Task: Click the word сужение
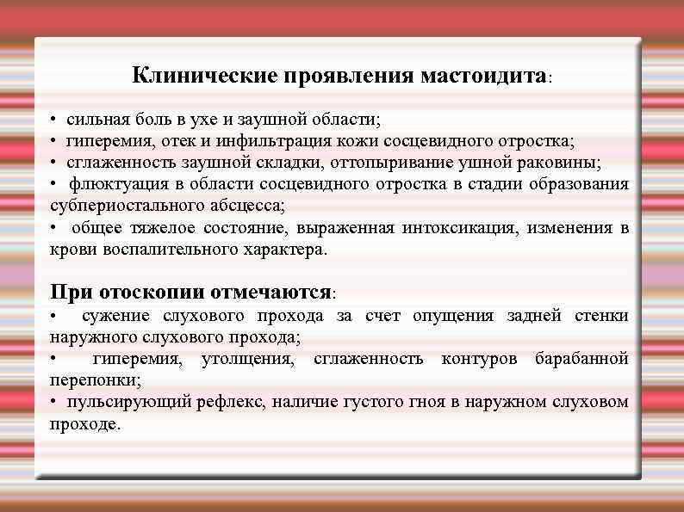116,316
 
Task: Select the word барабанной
581,358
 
